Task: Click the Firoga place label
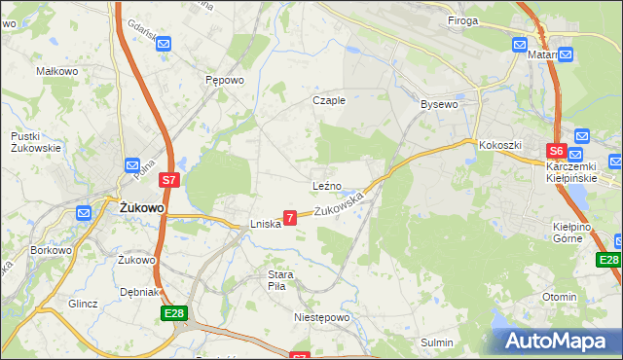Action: coord(462,19)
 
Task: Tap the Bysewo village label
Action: coord(438,103)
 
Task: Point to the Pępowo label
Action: coord(223,82)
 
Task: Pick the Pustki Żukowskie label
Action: coord(36,142)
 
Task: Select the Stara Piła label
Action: coord(281,280)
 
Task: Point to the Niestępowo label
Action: coord(321,317)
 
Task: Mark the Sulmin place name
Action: coord(436,342)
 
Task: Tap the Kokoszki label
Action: coord(500,145)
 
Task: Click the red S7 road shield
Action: coord(169,180)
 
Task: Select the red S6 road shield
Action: coord(556,151)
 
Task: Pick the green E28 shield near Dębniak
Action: coord(173,314)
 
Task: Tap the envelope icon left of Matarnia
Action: coord(519,45)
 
